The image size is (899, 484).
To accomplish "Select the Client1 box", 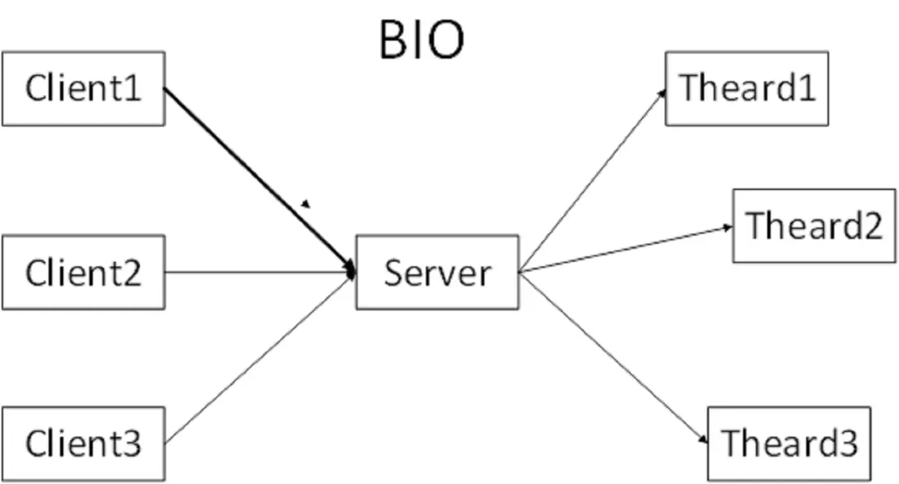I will (83, 88).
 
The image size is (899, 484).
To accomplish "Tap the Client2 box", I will (83, 272).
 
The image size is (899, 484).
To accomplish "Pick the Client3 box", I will (83, 443).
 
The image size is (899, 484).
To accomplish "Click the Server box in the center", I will (437, 272).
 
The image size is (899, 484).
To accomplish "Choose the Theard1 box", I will (747, 88).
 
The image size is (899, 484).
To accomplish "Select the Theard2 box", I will (814, 225).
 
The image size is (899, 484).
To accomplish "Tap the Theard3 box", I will (788, 443).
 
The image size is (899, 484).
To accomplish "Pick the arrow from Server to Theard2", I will (626, 249).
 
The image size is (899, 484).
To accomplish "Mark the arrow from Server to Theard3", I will (614, 358).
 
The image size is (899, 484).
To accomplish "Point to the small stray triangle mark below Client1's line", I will (306, 204).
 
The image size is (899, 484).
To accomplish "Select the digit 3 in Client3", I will (132, 444).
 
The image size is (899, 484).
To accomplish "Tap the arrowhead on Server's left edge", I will (352, 271).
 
